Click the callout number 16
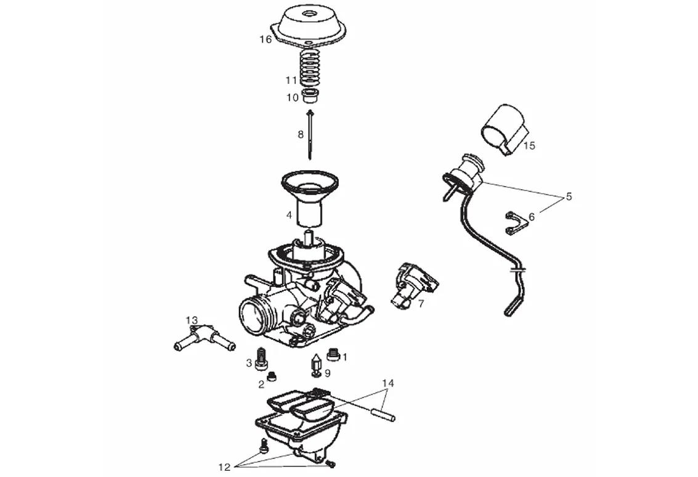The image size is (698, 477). point(265,39)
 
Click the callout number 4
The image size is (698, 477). point(288,215)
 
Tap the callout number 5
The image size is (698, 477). point(569,197)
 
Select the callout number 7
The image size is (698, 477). point(421,303)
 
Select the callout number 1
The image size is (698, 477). point(344,356)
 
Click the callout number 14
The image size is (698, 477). point(387,383)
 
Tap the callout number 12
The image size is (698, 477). point(224,467)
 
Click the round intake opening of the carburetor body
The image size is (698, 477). point(253,314)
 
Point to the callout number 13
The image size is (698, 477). point(192,320)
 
